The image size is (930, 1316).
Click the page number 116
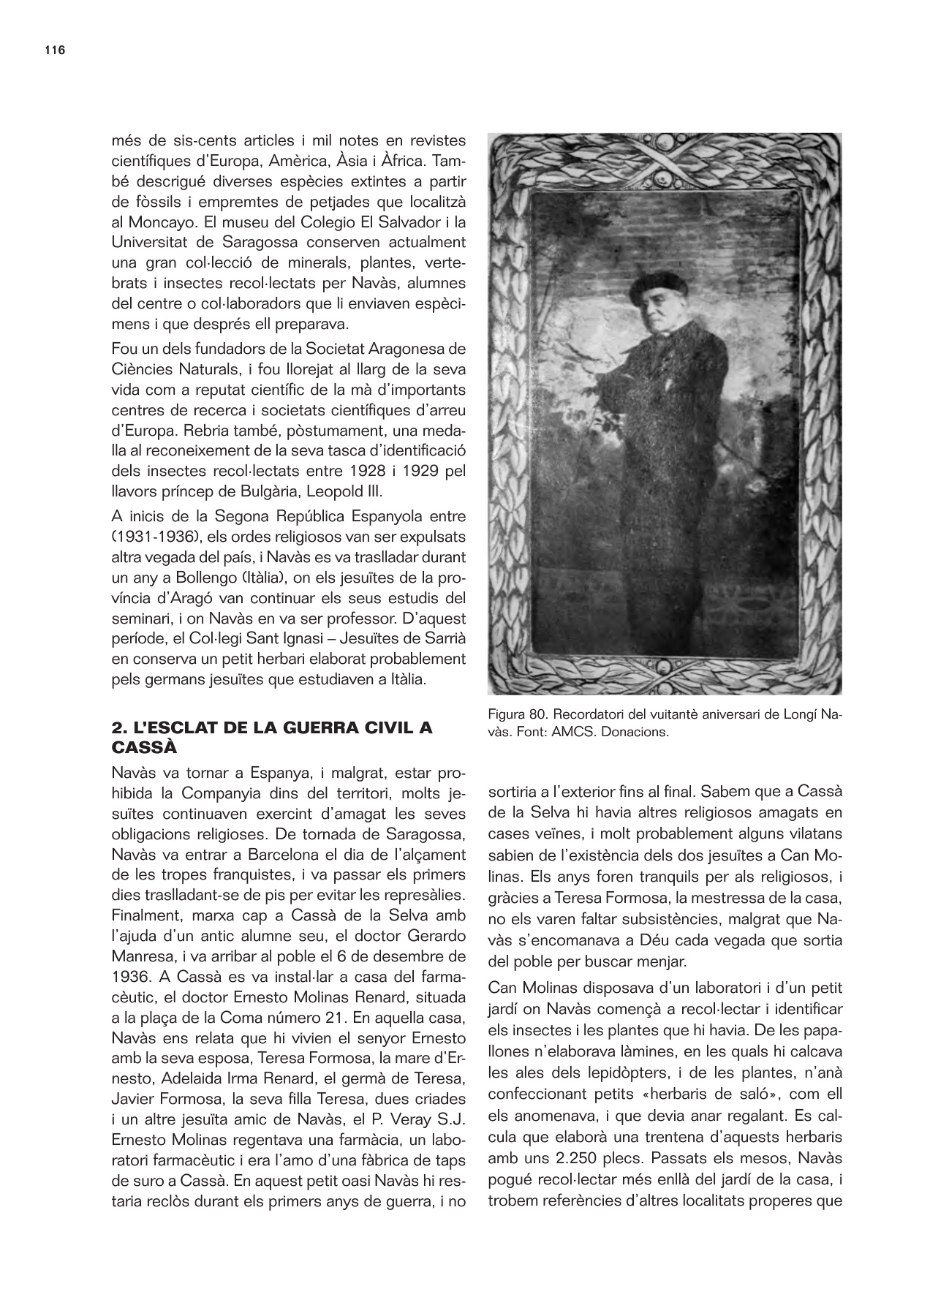coord(55,50)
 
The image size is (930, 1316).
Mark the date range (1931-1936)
coord(157,536)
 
